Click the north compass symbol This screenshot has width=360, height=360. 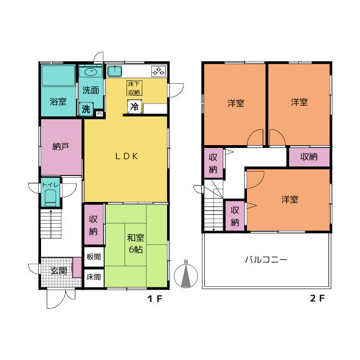pos(186,275)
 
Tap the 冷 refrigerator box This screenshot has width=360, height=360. pos(135,106)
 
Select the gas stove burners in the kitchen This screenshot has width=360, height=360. pos(159,71)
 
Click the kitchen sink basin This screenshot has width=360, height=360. pos(115,71)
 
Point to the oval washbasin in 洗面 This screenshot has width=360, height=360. pos(91,71)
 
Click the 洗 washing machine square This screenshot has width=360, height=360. pos(86,109)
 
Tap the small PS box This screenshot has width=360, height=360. pos(100,114)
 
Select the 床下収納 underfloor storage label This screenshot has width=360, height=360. pos(134,88)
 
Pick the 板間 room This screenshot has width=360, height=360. pos(94,256)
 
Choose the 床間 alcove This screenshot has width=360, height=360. pos(94,277)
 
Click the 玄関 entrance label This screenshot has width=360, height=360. pos(58,271)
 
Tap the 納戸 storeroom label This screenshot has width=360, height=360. pos(61,146)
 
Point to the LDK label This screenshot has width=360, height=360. pos(127,156)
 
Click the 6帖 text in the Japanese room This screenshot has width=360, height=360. pos(136,249)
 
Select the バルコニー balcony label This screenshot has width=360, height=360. pos(266,260)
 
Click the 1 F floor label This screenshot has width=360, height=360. pos(155,299)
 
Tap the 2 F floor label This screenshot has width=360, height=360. pos(317,298)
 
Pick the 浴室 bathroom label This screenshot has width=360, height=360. pos(58,101)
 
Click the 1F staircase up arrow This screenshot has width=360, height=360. pos(51,224)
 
